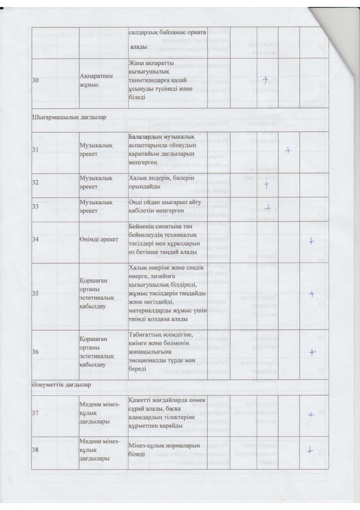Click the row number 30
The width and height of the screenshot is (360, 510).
click(35, 81)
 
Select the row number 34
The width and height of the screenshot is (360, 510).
click(35, 239)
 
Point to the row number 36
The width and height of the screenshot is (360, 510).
click(35, 352)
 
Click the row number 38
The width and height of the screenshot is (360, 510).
click(35, 450)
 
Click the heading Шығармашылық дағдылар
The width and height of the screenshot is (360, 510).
click(69, 117)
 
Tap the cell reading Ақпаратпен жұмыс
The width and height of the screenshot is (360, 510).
click(92, 80)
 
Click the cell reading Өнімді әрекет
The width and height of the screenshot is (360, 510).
click(99, 239)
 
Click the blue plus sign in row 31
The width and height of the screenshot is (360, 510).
click(288, 150)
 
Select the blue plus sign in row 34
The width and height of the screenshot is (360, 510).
click(311, 241)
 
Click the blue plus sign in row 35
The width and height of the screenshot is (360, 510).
click(312, 294)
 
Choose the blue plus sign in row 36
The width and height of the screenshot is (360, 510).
click(312, 352)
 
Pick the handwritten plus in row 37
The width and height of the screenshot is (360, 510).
click(311, 415)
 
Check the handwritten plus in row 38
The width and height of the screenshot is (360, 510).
click(310, 451)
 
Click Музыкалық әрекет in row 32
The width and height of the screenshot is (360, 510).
click(96, 182)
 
